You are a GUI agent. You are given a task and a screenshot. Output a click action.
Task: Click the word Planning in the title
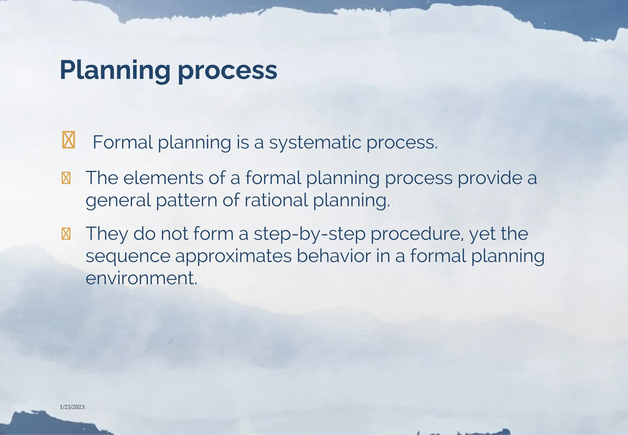tap(115, 71)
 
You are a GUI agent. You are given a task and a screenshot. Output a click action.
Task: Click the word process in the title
tap(227, 71)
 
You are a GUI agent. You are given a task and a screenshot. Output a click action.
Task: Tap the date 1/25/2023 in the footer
tap(72, 407)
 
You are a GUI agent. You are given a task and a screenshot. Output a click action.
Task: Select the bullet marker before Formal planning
tap(68, 140)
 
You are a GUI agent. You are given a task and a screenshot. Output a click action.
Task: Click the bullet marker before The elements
tap(66, 178)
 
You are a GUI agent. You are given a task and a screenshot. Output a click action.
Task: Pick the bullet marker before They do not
tap(66, 234)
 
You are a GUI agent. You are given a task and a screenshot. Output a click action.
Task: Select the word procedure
tap(417, 234)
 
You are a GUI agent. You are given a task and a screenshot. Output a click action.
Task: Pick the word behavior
tap(334, 256)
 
